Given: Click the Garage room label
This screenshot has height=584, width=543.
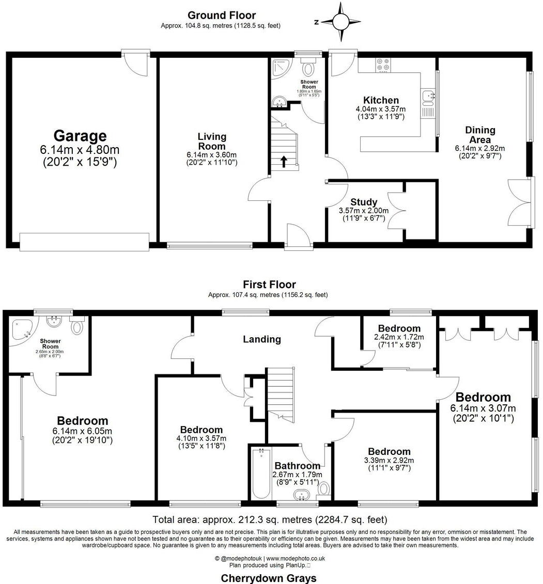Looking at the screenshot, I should [x=80, y=136].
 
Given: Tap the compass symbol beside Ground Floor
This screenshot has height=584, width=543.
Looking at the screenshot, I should [x=340, y=22].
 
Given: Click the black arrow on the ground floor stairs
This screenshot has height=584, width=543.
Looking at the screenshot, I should [x=284, y=162].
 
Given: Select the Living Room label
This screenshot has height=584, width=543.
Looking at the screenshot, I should [x=212, y=141].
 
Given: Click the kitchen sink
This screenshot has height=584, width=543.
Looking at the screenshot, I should [x=428, y=96].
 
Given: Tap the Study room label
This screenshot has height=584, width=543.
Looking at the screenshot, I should [x=364, y=202].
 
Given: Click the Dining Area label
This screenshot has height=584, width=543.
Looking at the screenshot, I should [x=480, y=135].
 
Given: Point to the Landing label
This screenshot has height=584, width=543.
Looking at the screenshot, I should [x=262, y=339].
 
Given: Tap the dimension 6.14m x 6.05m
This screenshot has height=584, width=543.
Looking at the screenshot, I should [x=82, y=431].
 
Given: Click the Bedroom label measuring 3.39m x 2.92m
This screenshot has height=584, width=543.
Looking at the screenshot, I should [x=387, y=451].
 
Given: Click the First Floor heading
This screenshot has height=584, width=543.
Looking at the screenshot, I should [x=269, y=285].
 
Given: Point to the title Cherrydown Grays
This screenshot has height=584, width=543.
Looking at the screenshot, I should [x=269, y=578].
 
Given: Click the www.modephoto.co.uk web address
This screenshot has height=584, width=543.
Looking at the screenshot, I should [x=295, y=558].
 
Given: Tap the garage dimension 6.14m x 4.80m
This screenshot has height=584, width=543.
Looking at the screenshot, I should [x=80, y=150].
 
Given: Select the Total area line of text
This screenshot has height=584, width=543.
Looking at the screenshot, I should [x=270, y=519].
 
